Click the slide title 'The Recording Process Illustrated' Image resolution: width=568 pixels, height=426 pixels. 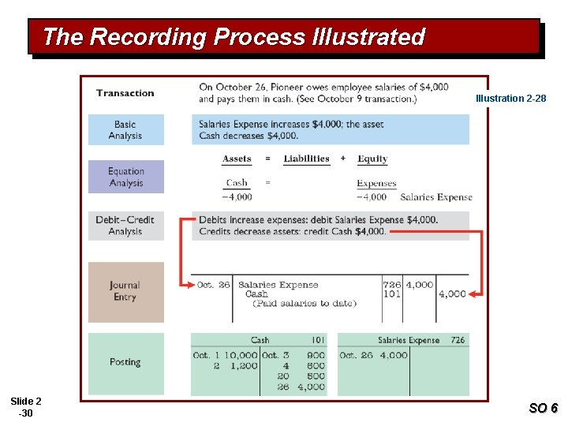pos(234,37)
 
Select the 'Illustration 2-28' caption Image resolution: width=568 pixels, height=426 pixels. pos(510,99)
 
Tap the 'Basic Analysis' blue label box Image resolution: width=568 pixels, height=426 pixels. pos(125,130)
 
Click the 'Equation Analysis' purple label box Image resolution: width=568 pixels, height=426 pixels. pos(125,177)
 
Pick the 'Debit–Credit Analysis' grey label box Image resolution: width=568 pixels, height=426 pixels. pos(125,226)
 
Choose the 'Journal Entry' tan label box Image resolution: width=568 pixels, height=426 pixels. pos(125,291)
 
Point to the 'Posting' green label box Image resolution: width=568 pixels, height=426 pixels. pos(125,362)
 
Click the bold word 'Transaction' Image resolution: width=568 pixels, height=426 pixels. pos(125,93)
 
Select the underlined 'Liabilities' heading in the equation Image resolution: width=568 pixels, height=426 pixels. pos(306,159)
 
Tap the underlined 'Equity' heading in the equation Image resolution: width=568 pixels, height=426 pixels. pos(372,159)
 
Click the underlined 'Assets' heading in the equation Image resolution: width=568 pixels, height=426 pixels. pos(237,159)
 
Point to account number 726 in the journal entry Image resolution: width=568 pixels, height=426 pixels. pos(391,285)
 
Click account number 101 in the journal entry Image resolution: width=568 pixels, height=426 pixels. pos(391,294)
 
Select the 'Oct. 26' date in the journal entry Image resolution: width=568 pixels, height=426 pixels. pos(213,285)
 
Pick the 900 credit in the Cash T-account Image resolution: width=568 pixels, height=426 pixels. pos(316,356)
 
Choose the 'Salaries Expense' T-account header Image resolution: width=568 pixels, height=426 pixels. pos(408,341)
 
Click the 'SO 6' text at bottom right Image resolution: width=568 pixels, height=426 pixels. pos(543,408)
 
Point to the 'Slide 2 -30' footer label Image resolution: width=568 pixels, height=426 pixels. pos(26,407)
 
